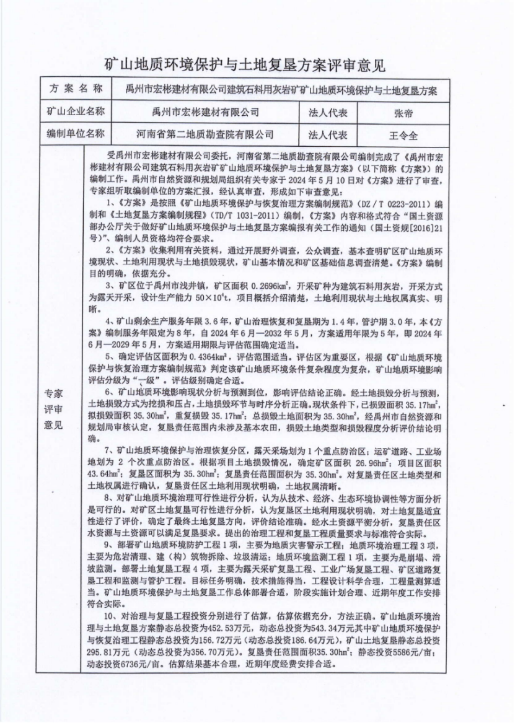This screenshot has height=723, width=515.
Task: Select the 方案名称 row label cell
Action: pos(74,89)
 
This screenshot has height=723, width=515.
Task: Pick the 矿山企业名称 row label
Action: pos(74,113)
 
